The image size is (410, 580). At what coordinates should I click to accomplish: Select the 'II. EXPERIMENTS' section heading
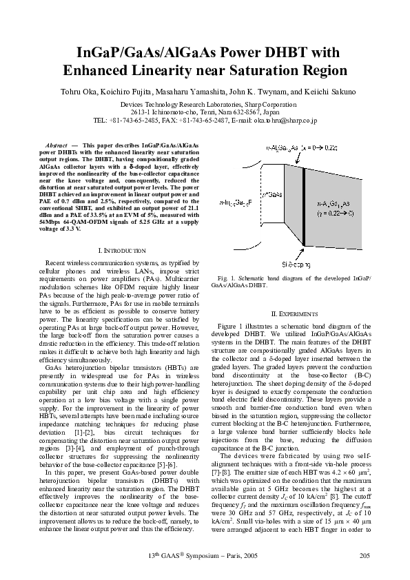tap(294, 313)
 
